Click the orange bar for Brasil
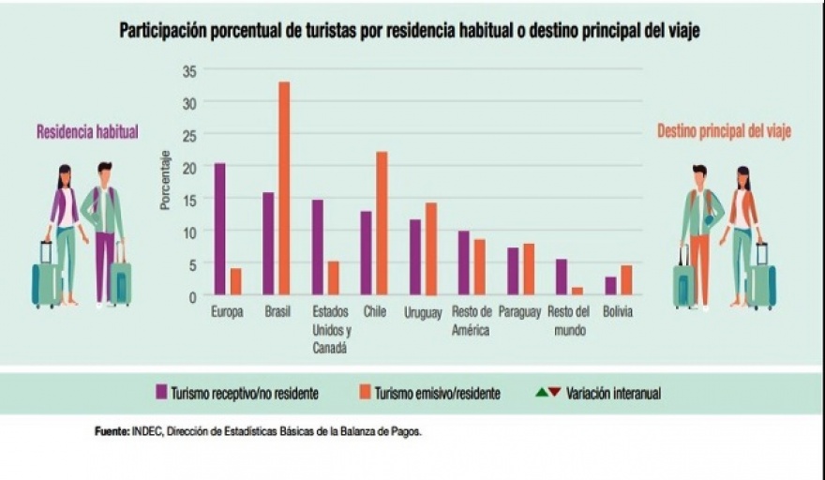coord(283,188)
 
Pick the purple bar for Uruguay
coord(415,257)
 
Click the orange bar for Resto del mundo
coord(577,291)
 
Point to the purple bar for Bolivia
coord(610,285)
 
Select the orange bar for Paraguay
coord(529,269)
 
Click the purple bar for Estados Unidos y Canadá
coord(318,247)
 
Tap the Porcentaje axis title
coord(165,180)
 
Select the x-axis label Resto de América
coord(471,321)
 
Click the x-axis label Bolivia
coord(618,312)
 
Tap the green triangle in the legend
coord(541,392)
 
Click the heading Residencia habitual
coord(87,132)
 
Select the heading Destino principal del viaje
coord(724,132)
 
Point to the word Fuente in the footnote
coord(112,432)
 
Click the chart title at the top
coord(410,31)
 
